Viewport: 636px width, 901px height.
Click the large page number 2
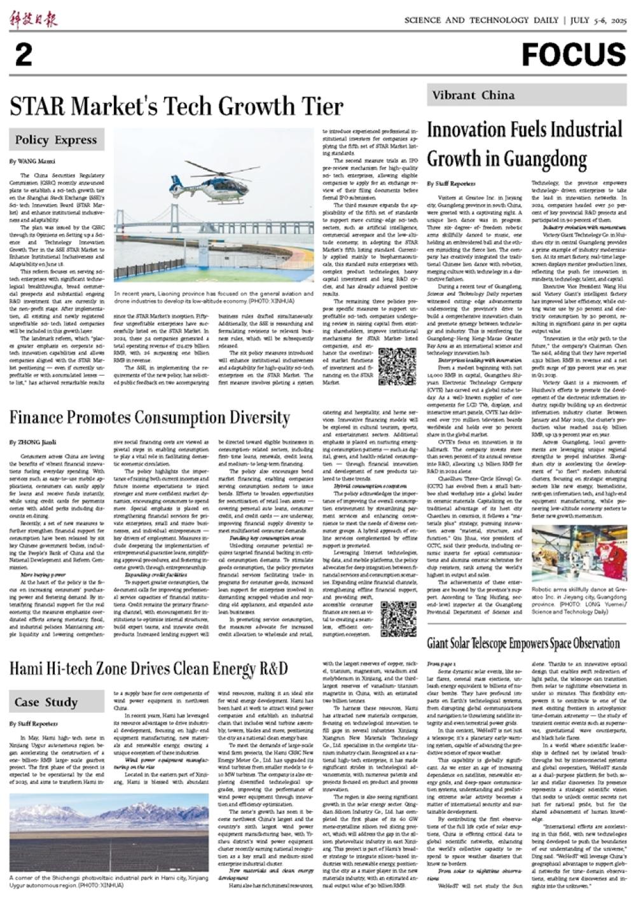pos(23,56)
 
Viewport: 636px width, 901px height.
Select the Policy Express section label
pos(57,140)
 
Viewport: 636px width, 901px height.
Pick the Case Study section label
pos(46,702)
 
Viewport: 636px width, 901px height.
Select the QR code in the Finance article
pos(398,619)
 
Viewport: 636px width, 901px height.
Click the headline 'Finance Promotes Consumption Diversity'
pos(149,418)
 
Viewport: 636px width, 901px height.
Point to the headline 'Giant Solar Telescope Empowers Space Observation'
pos(523,643)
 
